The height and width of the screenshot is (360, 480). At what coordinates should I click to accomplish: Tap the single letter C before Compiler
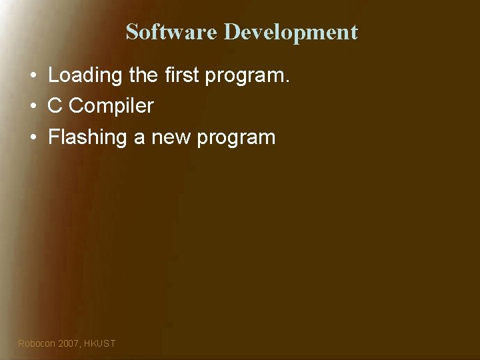[x=55, y=106]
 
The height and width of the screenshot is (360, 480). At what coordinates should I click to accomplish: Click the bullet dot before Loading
[x=32, y=75]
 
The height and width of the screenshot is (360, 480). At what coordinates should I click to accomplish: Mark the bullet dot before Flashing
[x=32, y=138]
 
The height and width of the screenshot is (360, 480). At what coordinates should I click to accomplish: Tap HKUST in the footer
[x=100, y=343]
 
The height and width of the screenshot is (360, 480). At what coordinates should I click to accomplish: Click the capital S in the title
[x=132, y=31]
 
